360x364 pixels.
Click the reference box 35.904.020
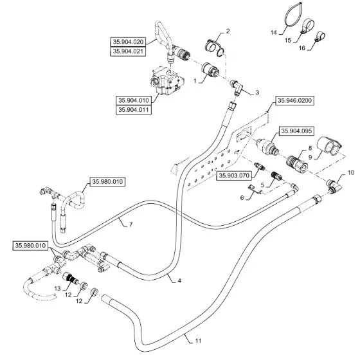(x=128, y=42)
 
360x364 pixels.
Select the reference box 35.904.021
(x=128, y=51)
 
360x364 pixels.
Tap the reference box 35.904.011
(x=134, y=109)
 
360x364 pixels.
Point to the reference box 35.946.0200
(x=294, y=100)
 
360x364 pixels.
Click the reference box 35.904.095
(x=296, y=131)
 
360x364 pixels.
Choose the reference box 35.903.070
(x=234, y=176)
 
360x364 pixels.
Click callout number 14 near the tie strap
(x=274, y=32)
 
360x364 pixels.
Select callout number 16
(x=301, y=48)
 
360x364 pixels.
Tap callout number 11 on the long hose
(x=198, y=341)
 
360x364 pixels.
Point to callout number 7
(x=131, y=224)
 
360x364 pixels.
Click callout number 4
(x=179, y=280)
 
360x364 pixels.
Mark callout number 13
(x=57, y=289)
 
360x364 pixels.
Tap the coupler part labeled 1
(x=210, y=69)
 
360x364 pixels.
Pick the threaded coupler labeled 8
(x=297, y=163)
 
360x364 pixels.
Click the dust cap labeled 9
(x=329, y=146)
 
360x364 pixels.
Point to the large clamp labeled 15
(x=307, y=25)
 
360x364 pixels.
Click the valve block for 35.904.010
(x=167, y=81)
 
